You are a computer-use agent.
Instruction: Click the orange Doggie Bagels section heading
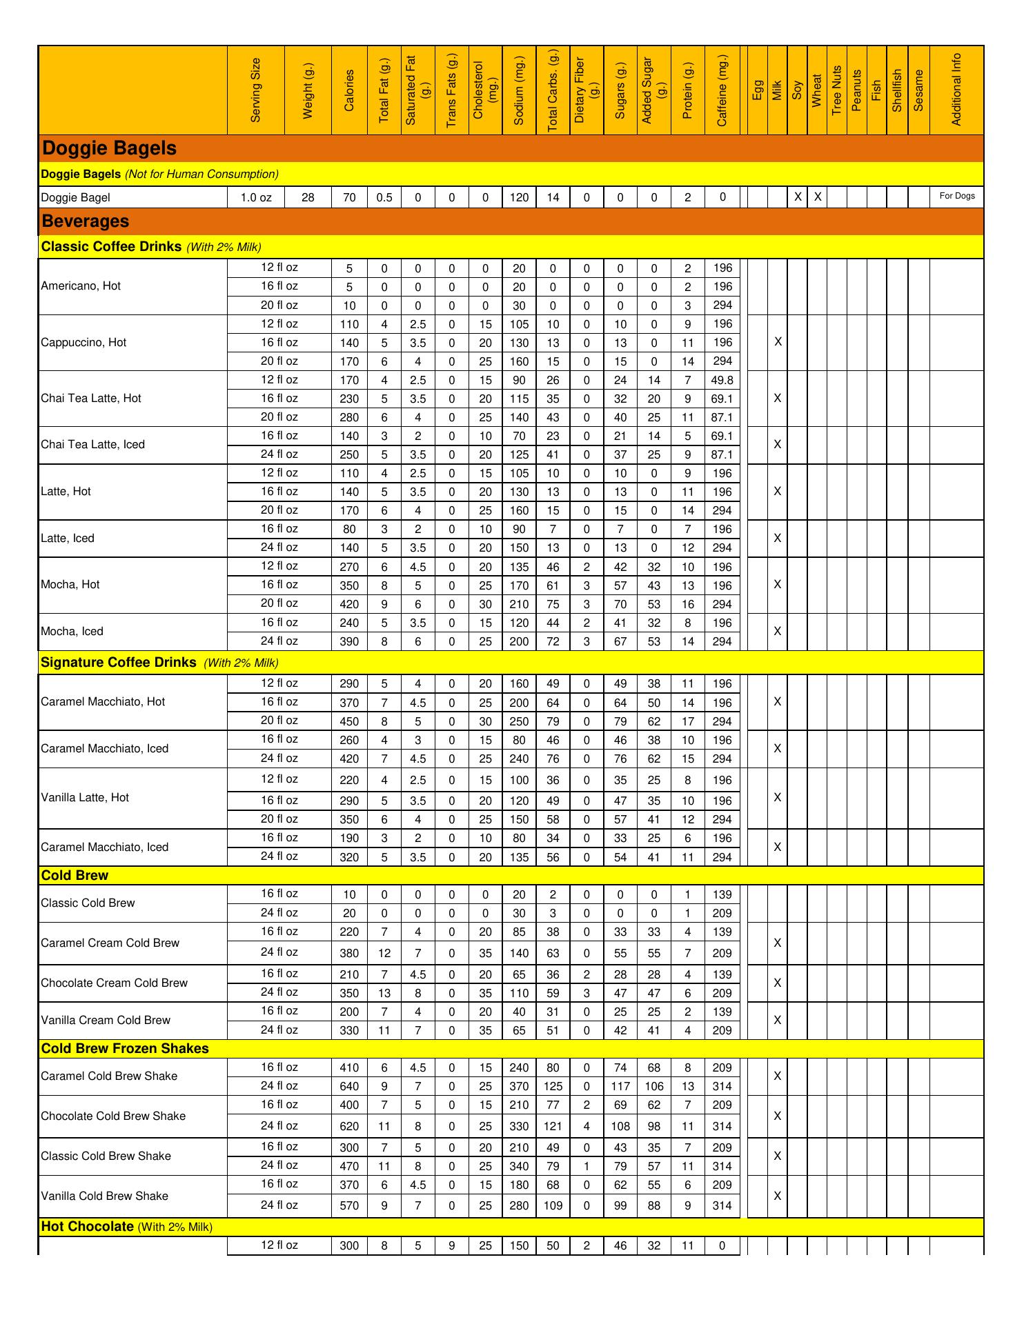pyautogui.click(x=110, y=148)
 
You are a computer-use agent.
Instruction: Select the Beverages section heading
pyautogui.click(x=86, y=221)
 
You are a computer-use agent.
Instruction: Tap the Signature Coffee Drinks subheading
pyautogui.click(x=119, y=663)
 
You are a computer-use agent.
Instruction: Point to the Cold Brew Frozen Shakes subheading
pyautogui.click(x=125, y=1049)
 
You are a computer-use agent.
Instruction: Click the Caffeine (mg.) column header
pyautogui.click(x=722, y=90)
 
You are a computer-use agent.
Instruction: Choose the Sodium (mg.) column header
pyautogui.click(x=519, y=90)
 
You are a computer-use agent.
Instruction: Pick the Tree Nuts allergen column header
pyautogui.click(x=837, y=90)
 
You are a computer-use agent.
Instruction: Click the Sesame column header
pyautogui.click(x=918, y=90)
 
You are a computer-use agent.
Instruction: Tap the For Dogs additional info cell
pyautogui.click(x=957, y=197)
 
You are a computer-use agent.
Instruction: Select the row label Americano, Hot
pyautogui.click(x=81, y=286)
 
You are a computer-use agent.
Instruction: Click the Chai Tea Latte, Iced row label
pyautogui.click(x=92, y=445)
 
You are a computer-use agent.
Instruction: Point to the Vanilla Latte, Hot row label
pyautogui.click(x=85, y=798)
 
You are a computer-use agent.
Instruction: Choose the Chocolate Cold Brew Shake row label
pyautogui.click(x=113, y=1116)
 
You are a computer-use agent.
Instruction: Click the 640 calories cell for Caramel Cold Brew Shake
pyautogui.click(x=350, y=1087)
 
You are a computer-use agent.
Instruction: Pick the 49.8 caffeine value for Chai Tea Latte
pyautogui.click(x=722, y=380)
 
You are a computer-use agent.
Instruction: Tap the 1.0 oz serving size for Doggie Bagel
pyautogui.click(x=256, y=198)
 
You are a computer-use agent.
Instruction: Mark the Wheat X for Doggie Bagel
pyautogui.click(x=818, y=197)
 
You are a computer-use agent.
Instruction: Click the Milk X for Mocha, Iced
pyautogui.click(x=778, y=632)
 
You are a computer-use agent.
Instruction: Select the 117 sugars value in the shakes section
pyautogui.click(x=620, y=1087)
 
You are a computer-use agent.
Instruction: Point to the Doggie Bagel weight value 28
pyautogui.click(x=308, y=198)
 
